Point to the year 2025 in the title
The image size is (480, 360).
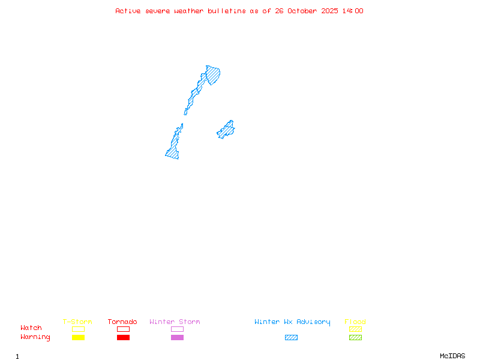330,11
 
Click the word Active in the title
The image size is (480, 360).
128,11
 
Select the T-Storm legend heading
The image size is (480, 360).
77,322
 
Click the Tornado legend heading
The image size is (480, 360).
122,322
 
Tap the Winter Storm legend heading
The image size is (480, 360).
175,322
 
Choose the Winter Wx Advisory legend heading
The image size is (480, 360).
292,322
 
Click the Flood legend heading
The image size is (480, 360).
355,322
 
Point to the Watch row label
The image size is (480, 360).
31,328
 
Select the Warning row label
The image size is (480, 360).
35,337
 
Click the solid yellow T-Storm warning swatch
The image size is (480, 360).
78,338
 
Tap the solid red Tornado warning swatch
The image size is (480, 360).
123,338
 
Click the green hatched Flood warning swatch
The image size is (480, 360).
355,338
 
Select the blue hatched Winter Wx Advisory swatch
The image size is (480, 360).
291,338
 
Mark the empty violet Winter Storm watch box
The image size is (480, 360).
177,329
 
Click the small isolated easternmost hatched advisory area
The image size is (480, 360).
226,130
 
